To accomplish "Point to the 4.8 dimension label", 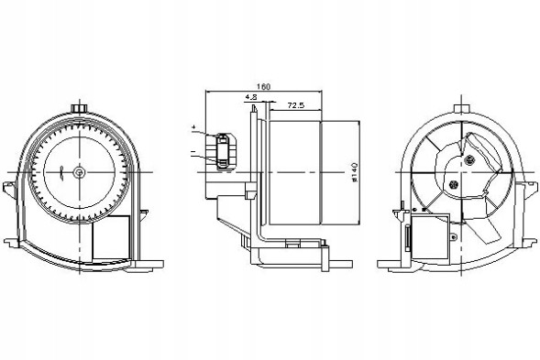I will tap(250, 97).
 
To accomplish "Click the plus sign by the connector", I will tap(194, 125).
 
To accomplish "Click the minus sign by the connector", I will tap(193, 147).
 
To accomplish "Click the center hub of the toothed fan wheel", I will tap(80, 171).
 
